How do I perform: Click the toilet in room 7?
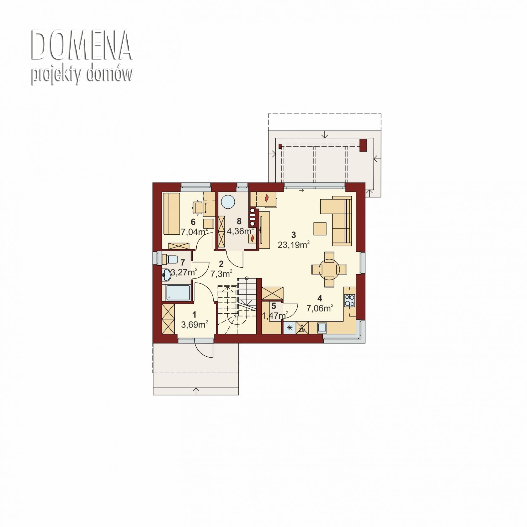(171, 259)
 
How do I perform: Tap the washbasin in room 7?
(167, 275)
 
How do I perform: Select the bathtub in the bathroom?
(178, 293)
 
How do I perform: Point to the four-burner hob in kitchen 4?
(349, 300)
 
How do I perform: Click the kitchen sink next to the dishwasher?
(322, 328)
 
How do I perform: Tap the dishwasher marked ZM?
(302, 328)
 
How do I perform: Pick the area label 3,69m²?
(194, 324)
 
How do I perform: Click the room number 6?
(193, 222)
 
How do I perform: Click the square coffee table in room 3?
(320, 228)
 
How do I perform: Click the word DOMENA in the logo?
(81, 46)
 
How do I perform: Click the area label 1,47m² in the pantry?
(275, 316)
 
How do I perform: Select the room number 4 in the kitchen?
(320, 298)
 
